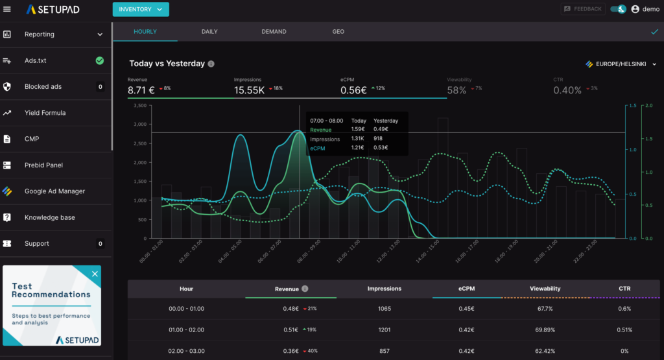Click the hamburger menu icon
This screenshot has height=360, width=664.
[x=7, y=9]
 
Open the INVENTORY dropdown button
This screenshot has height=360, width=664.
[x=141, y=9]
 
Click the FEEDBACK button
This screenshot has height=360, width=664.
[x=583, y=9]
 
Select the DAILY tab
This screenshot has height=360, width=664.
[x=209, y=31]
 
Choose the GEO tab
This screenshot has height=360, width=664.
[x=338, y=31]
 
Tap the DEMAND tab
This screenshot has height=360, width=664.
[x=274, y=31]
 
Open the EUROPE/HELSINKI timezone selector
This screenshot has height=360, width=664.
[x=621, y=64]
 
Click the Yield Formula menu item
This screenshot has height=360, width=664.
[x=45, y=113]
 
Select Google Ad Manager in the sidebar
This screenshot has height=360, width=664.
[x=54, y=191]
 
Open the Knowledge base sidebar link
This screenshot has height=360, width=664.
[x=49, y=217]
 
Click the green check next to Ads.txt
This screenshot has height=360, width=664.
[x=100, y=60]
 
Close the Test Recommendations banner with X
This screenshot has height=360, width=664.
[x=95, y=274]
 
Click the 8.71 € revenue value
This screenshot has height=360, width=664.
[x=141, y=90]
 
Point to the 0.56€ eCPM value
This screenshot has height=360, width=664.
[x=354, y=90]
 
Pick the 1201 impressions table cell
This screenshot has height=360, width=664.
[x=384, y=329]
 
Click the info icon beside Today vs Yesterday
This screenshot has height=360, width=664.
[x=211, y=64]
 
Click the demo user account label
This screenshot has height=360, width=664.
[x=650, y=9]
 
